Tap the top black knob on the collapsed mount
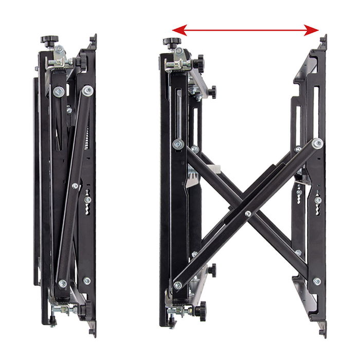pos(50,40)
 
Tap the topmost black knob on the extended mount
pos(172,42)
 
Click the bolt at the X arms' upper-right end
pos(317,143)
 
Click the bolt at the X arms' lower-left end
pos(178,285)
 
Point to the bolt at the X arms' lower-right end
pos(317,281)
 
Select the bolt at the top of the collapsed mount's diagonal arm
pos(88,91)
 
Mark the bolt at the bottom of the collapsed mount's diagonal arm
pos(63,283)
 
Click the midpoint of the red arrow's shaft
pos(245,30)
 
